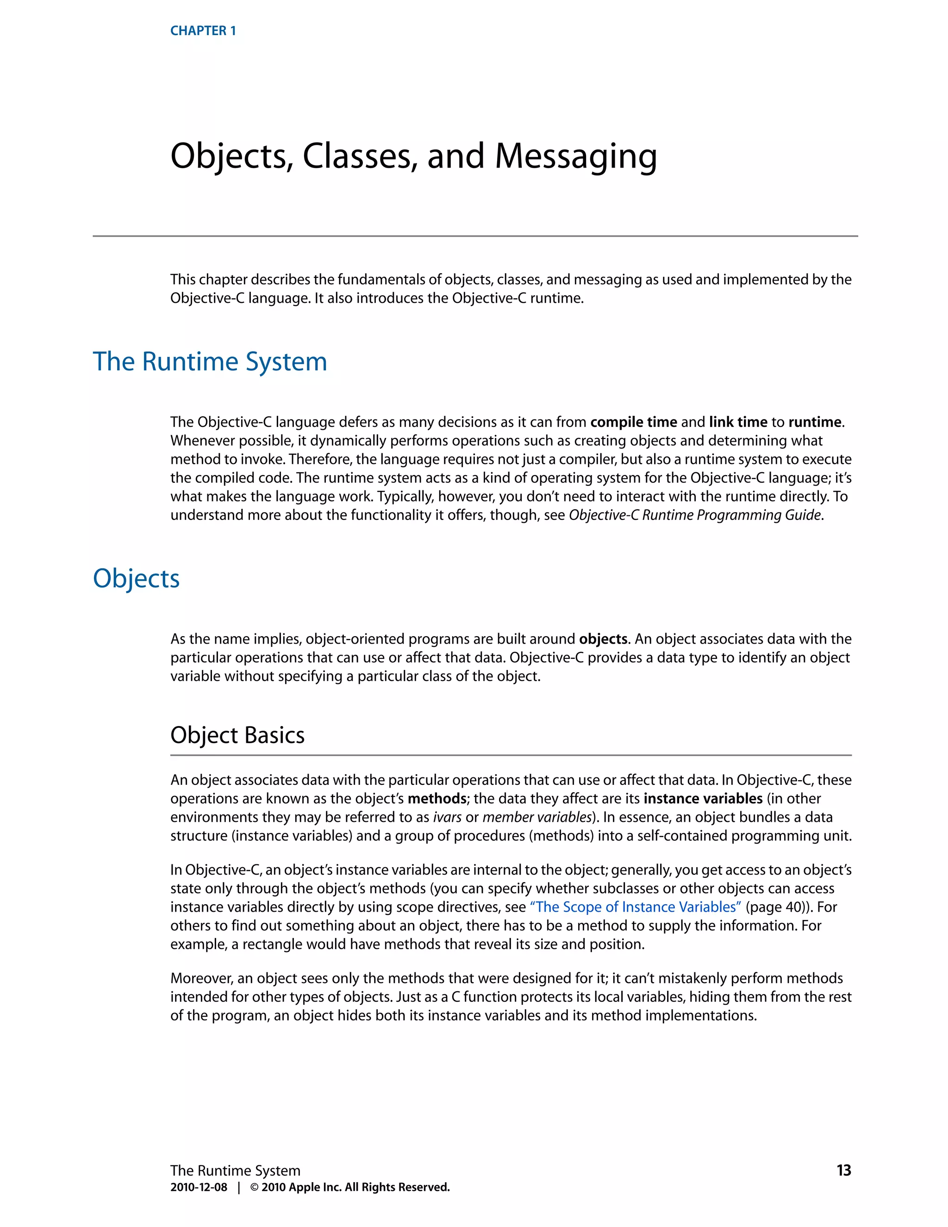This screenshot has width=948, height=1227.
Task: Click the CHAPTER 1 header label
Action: pos(203,31)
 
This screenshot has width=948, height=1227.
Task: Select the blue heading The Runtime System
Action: pos(210,361)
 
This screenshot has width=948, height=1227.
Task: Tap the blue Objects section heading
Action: pos(136,578)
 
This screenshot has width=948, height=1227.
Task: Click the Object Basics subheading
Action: pos(237,735)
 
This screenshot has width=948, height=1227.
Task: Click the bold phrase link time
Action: pos(737,422)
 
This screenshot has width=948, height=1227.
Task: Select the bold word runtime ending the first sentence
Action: pos(814,422)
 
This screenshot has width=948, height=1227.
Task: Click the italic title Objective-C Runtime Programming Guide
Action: pos(695,515)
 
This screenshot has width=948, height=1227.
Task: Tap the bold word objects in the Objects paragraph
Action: pos(603,639)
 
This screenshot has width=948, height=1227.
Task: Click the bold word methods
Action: pos(437,798)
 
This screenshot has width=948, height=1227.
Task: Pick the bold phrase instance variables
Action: pos(703,798)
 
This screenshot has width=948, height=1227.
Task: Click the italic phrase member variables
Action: pos(537,817)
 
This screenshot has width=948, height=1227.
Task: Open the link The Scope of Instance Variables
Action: pos(635,907)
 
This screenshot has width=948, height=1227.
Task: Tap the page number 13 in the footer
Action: pos(843,1170)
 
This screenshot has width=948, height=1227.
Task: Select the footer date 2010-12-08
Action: pos(199,1187)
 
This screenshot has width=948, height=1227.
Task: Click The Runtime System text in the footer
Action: pos(235,1170)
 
